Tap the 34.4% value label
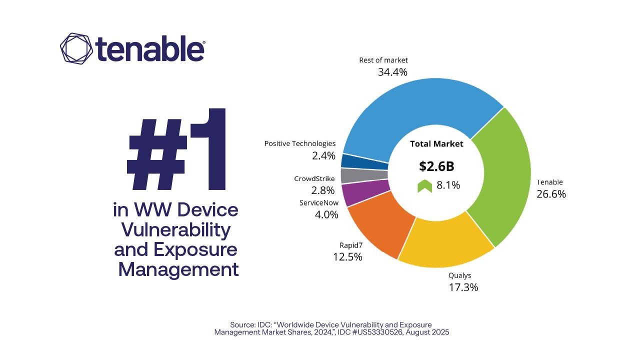coord(392,72)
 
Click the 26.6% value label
coord(551,194)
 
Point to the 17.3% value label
coord(463,287)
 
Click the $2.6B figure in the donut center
coord(436,166)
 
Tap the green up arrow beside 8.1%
coord(424,186)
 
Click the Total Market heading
coord(436,144)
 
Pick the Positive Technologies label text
coord(300,143)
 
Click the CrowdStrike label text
coord(314,178)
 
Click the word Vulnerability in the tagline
coord(176,230)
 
